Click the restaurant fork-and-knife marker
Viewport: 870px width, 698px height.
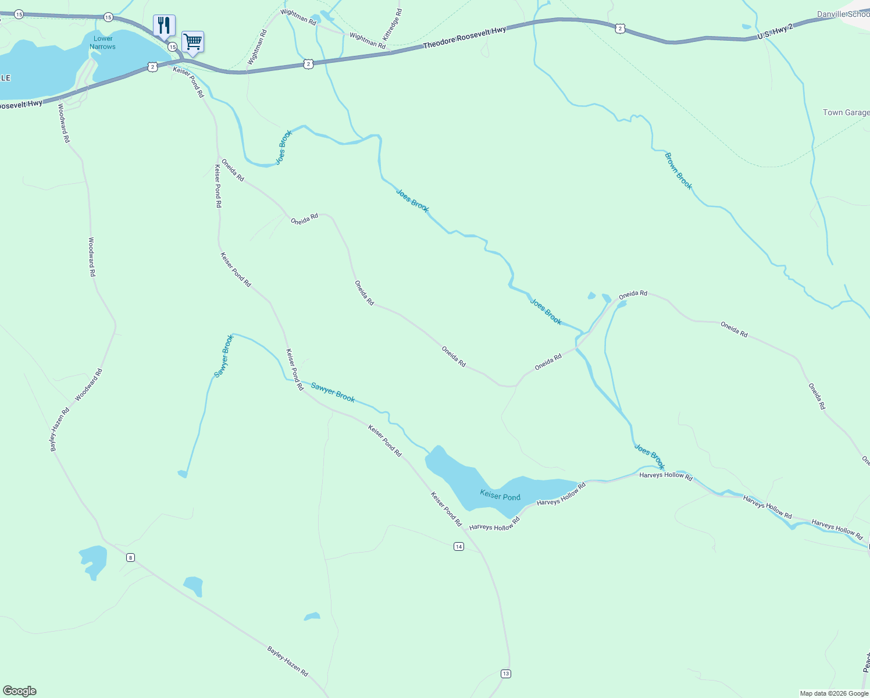tap(164, 26)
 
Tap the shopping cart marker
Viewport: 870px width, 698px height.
tap(192, 42)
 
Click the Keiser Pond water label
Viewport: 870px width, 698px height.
tap(500, 496)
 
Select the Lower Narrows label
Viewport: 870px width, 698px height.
tap(103, 42)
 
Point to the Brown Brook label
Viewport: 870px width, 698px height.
tap(679, 170)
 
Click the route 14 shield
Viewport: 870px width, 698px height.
tap(459, 547)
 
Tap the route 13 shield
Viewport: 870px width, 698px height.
tap(505, 674)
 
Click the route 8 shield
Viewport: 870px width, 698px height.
tap(130, 558)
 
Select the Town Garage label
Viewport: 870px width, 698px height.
tap(846, 112)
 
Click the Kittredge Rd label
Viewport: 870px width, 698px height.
tap(392, 24)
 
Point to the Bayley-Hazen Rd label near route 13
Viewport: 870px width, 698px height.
tap(287, 661)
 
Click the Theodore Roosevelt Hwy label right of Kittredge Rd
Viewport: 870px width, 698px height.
tap(464, 37)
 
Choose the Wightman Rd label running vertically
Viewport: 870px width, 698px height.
tap(256, 47)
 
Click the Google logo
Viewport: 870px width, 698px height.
tap(20, 691)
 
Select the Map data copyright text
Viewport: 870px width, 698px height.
tap(834, 693)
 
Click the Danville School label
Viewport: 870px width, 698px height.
tap(843, 14)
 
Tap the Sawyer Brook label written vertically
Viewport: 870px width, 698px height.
tap(224, 356)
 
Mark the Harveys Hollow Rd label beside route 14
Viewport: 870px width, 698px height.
tap(494, 527)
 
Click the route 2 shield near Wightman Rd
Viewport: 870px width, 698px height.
tap(308, 64)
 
